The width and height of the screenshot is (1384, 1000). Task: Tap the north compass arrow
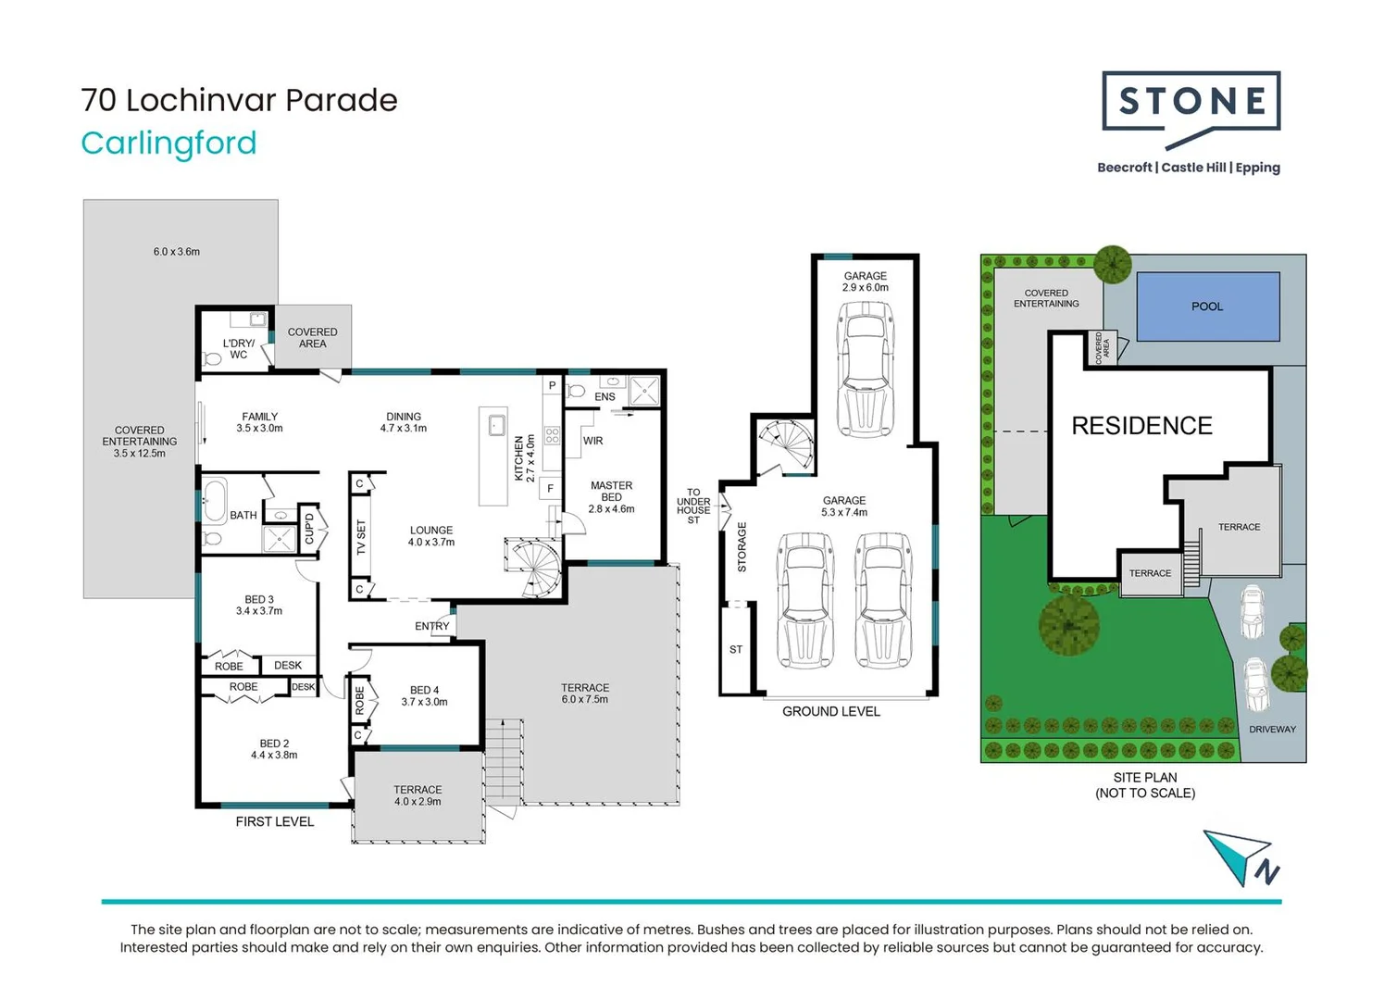click(x=1241, y=856)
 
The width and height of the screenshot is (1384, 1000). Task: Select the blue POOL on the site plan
click(x=1207, y=306)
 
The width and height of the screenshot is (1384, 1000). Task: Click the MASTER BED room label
click(x=611, y=492)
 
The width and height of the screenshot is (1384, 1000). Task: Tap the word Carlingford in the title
click(x=168, y=144)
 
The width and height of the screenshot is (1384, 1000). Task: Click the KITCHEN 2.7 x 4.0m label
click(x=524, y=458)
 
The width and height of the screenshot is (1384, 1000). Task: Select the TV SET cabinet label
click(x=361, y=536)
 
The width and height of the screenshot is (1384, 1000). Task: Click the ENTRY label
click(x=431, y=627)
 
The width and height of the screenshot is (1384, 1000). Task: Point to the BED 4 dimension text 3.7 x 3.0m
click(x=424, y=702)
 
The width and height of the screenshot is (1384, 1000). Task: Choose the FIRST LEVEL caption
click(x=274, y=822)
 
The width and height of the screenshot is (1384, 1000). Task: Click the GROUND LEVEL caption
click(x=830, y=712)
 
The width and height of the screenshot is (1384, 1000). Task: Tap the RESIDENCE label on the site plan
click(x=1141, y=426)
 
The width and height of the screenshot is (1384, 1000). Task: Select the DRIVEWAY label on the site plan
click(x=1272, y=730)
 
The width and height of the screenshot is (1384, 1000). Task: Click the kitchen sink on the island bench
click(x=496, y=426)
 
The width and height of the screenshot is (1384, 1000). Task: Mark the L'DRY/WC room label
click(x=238, y=349)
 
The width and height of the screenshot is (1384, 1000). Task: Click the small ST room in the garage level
click(x=736, y=650)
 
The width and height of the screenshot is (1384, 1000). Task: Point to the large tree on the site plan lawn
click(x=1069, y=624)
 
